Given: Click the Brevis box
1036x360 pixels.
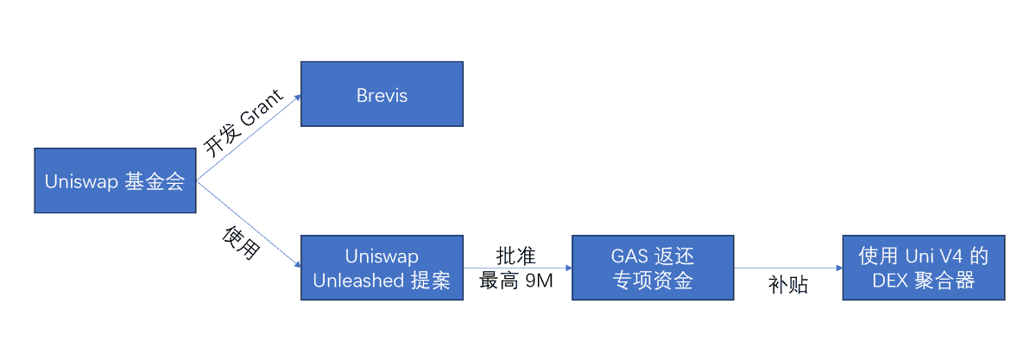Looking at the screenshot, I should coord(381,95).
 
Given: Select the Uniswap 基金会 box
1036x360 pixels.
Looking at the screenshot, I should coord(115,181).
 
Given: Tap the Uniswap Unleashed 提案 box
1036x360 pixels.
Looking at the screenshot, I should coord(381,268).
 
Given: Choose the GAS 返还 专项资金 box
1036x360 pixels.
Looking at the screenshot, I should coord(653,268).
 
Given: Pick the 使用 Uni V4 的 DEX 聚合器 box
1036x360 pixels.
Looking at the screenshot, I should coord(924,268).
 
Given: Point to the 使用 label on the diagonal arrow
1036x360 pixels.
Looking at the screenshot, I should coord(241,243).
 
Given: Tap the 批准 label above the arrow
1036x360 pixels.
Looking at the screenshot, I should coord(516,256).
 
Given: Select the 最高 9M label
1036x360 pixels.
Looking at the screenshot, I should coord(516,281).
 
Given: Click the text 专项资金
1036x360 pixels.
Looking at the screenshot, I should coord(653,281).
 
